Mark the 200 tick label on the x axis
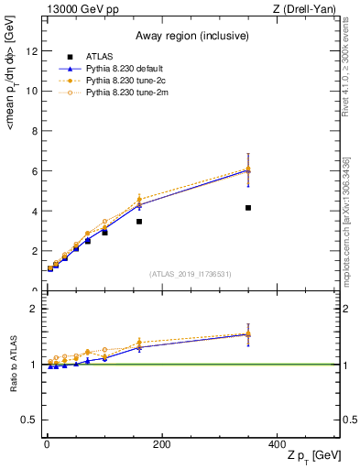[161, 444]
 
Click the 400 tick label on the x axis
[276, 444]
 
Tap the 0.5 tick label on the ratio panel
[29, 420]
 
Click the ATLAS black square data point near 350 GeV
[248, 208]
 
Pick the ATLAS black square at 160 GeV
[139, 222]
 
